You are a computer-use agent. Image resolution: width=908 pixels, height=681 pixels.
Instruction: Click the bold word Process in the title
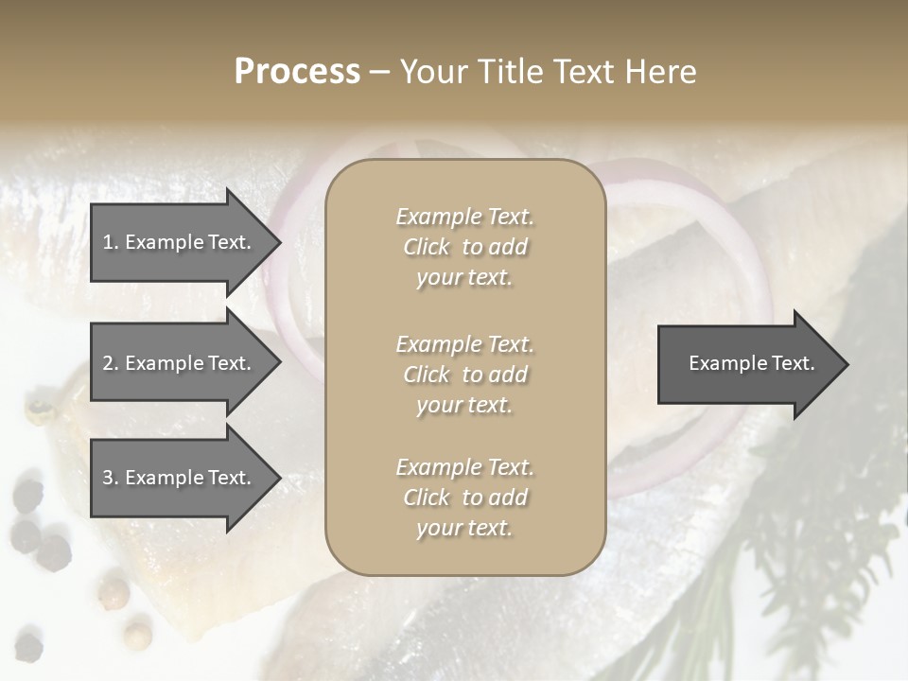click(297, 72)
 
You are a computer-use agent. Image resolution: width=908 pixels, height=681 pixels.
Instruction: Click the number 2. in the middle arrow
click(111, 363)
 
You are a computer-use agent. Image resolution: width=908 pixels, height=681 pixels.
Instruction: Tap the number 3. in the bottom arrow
click(111, 478)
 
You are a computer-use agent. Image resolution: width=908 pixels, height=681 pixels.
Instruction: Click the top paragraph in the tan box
click(464, 247)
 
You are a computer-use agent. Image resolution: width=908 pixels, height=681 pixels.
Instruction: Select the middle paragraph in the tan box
click(464, 374)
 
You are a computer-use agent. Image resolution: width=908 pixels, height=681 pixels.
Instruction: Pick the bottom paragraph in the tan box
click(464, 498)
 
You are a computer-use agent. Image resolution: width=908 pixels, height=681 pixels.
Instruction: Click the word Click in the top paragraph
click(427, 247)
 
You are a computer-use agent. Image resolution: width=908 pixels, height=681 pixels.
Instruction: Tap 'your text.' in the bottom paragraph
click(464, 528)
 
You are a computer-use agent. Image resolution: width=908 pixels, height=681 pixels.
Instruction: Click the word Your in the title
click(432, 72)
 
